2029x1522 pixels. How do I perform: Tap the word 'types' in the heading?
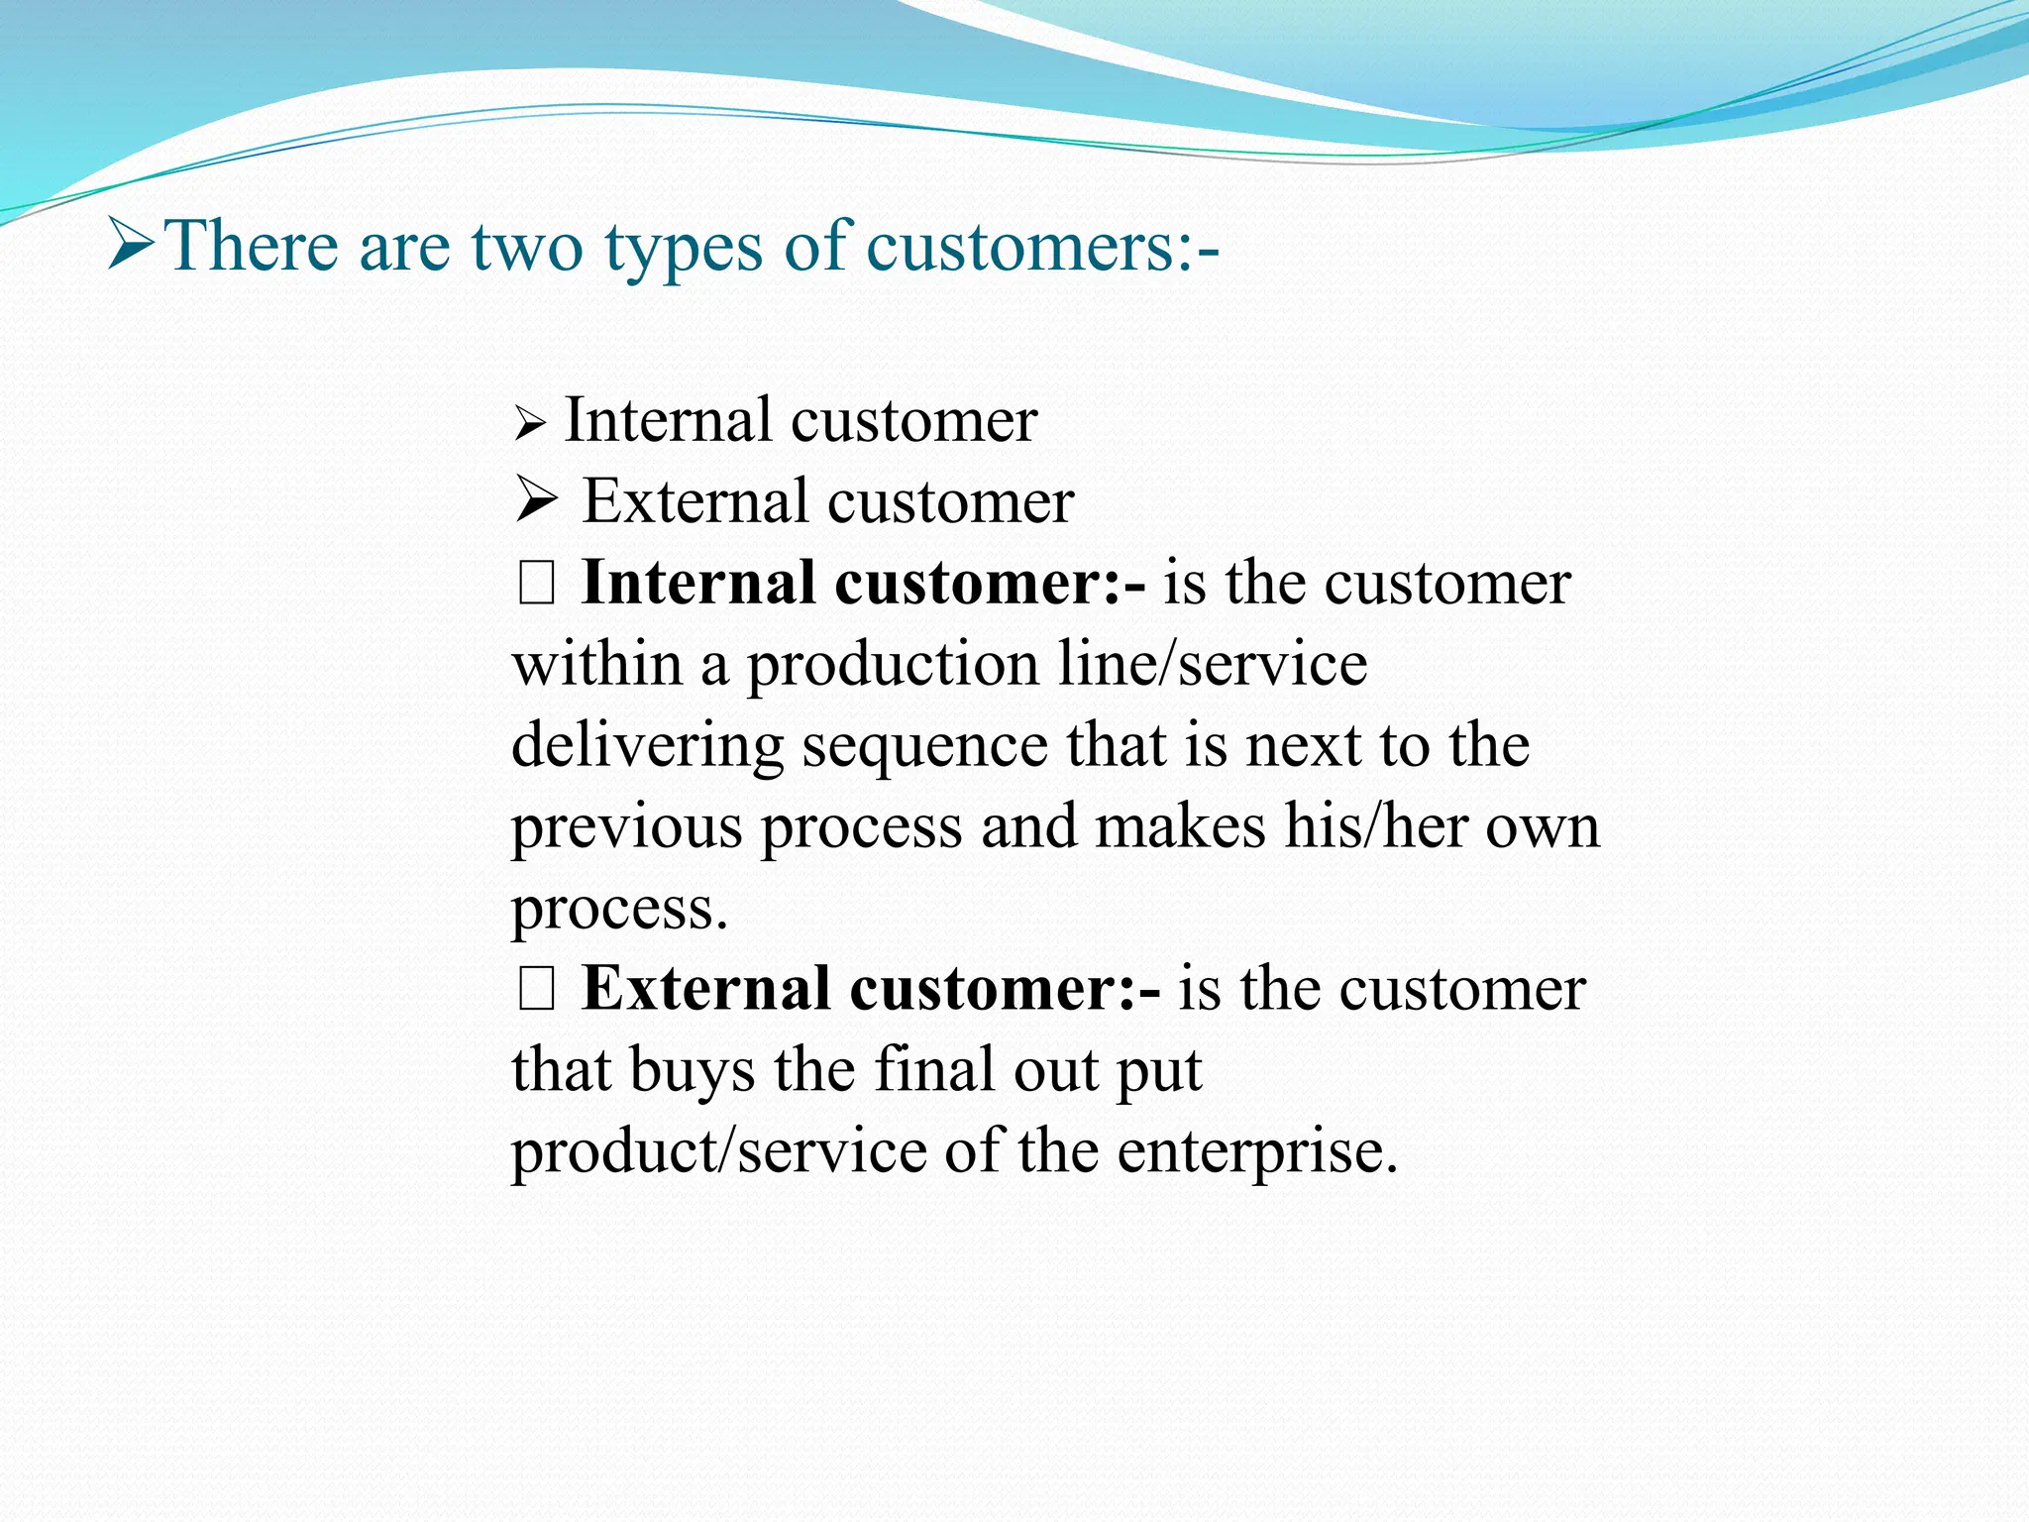pyautogui.click(x=684, y=248)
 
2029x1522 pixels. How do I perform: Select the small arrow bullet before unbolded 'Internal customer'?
pyautogui.click(x=530, y=426)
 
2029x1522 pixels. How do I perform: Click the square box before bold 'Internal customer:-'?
pyautogui.click(x=536, y=584)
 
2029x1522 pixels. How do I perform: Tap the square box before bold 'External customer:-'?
pyautogui.click(x=536, y=990)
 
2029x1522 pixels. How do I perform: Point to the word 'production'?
pyautogui.click(x=892, y=665)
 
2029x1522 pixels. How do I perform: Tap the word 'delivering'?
pyautogui.click(x=647, y=746)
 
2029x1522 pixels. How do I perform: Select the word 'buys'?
pyautogui.click(x=691, y=1071)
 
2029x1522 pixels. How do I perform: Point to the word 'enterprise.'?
pyautogui.click(x=1257, y=1152)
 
